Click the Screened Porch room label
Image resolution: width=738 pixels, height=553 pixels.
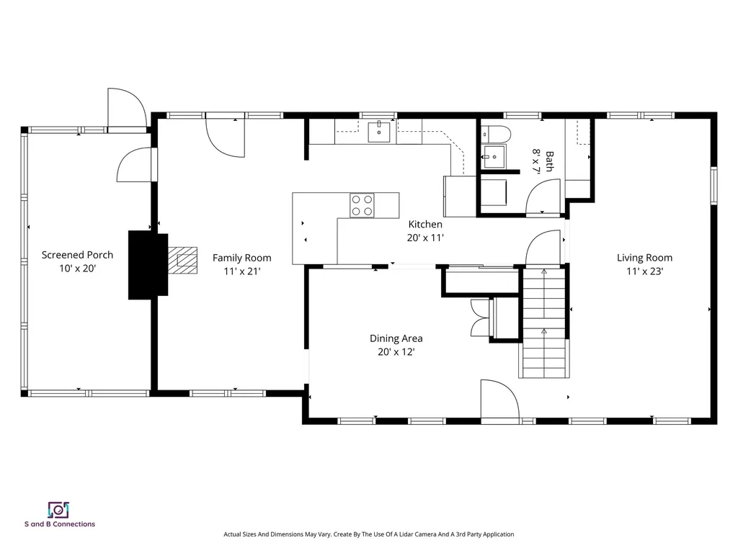(77, 261)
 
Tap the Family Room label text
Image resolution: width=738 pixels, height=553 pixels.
(241, 264)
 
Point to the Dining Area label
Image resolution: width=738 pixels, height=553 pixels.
(396, 344)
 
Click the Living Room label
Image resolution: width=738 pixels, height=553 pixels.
(644, 264)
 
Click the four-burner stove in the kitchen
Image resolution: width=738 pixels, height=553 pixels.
(362, 205)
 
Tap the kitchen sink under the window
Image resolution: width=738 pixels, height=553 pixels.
(378, 132)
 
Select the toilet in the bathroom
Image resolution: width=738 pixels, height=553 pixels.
(496, 133)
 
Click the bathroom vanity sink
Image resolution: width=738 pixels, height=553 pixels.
(494, 156)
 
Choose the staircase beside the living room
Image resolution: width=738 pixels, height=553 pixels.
(544, 322)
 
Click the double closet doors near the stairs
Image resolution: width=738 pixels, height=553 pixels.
(479, 317)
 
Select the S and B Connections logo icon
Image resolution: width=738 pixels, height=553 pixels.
(58, 510)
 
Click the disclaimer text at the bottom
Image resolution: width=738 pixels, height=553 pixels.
(368, 534)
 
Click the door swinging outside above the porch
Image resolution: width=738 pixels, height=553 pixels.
(125, 108)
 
